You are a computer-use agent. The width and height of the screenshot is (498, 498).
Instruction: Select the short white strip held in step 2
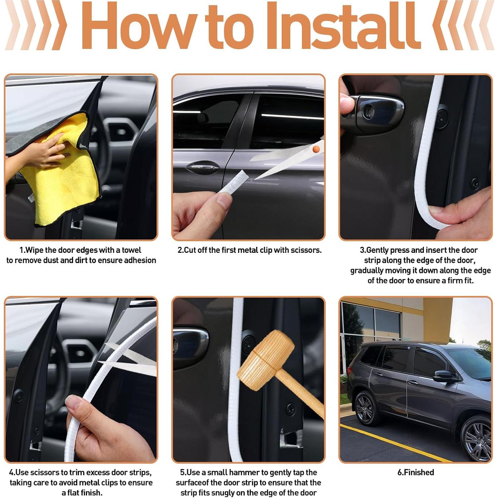pos(233,182)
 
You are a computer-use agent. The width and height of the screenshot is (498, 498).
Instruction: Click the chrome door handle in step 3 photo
pos(375,111)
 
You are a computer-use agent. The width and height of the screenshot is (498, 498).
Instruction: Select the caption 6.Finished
pos(416,472)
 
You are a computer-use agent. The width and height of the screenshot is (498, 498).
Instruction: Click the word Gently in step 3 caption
pos(382,250)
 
